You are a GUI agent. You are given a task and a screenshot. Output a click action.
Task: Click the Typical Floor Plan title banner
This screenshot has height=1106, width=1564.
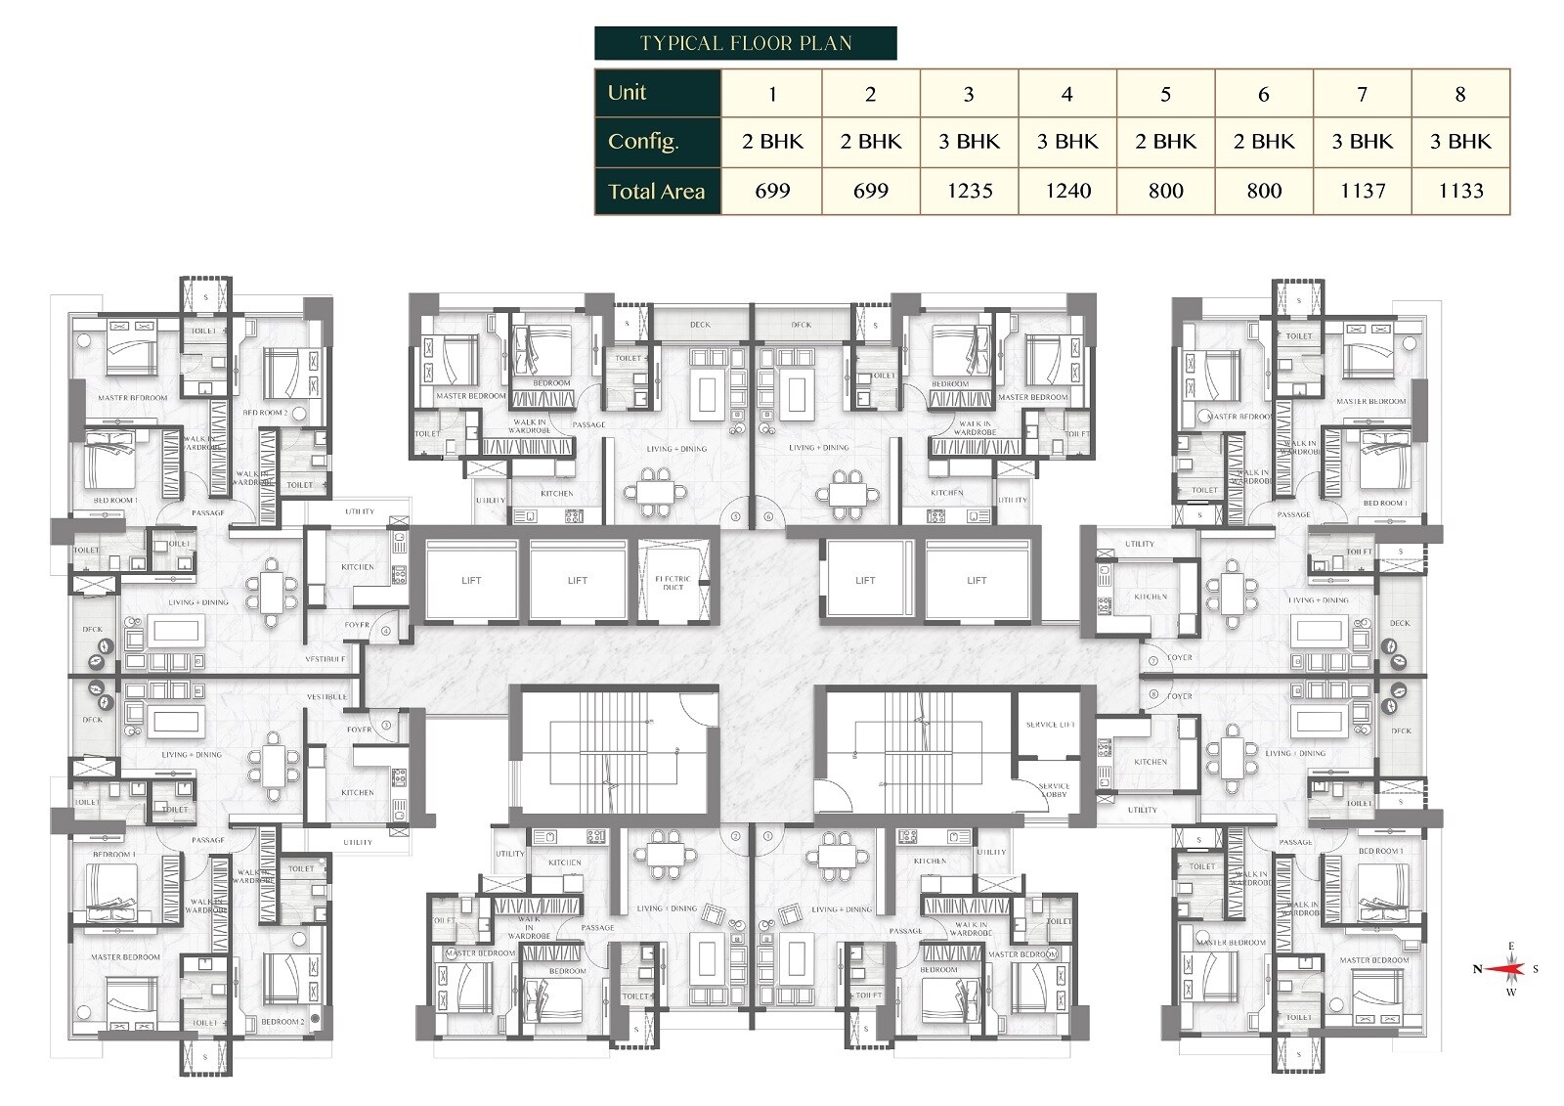coord(745,43)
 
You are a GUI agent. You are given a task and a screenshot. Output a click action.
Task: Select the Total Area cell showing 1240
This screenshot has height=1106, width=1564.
coord(1067,191)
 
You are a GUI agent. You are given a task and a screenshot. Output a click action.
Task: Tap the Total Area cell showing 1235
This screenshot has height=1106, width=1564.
coord(969,191)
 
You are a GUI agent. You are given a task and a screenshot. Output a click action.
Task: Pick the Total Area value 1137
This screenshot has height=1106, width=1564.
coord(1363,191)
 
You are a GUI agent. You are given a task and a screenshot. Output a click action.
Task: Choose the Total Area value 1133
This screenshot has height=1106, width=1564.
coord(1460,191)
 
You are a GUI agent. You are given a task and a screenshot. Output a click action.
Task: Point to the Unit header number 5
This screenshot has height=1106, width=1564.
coord(1165,95)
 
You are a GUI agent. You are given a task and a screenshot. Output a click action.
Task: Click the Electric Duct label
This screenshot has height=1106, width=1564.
coord(673,583)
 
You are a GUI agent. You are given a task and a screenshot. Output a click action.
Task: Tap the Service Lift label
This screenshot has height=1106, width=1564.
coord(1050,725)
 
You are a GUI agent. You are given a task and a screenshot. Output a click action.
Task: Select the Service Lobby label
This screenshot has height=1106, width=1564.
coord(1054,790)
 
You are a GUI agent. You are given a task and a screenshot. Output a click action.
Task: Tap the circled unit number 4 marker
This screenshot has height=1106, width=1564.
coord(386,631)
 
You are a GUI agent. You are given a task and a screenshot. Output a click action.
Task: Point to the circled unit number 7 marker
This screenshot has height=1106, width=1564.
coord(1153,661)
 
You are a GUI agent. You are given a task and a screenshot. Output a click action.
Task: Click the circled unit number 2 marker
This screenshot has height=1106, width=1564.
coord(735,837)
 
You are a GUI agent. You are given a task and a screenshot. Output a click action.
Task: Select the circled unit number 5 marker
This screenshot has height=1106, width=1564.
coord(735,516)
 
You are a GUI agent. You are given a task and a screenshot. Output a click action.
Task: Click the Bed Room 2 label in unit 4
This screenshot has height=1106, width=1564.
coord(265,413)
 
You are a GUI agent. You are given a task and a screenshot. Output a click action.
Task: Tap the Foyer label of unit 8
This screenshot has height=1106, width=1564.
coord(1180,696)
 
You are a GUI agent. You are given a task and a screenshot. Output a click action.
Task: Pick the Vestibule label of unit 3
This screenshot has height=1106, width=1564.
coord(326,696)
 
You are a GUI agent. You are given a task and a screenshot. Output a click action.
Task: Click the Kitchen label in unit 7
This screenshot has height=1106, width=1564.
coord(1151,597)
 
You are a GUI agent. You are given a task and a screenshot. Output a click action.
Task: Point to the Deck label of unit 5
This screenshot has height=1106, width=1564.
coord(700,325)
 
